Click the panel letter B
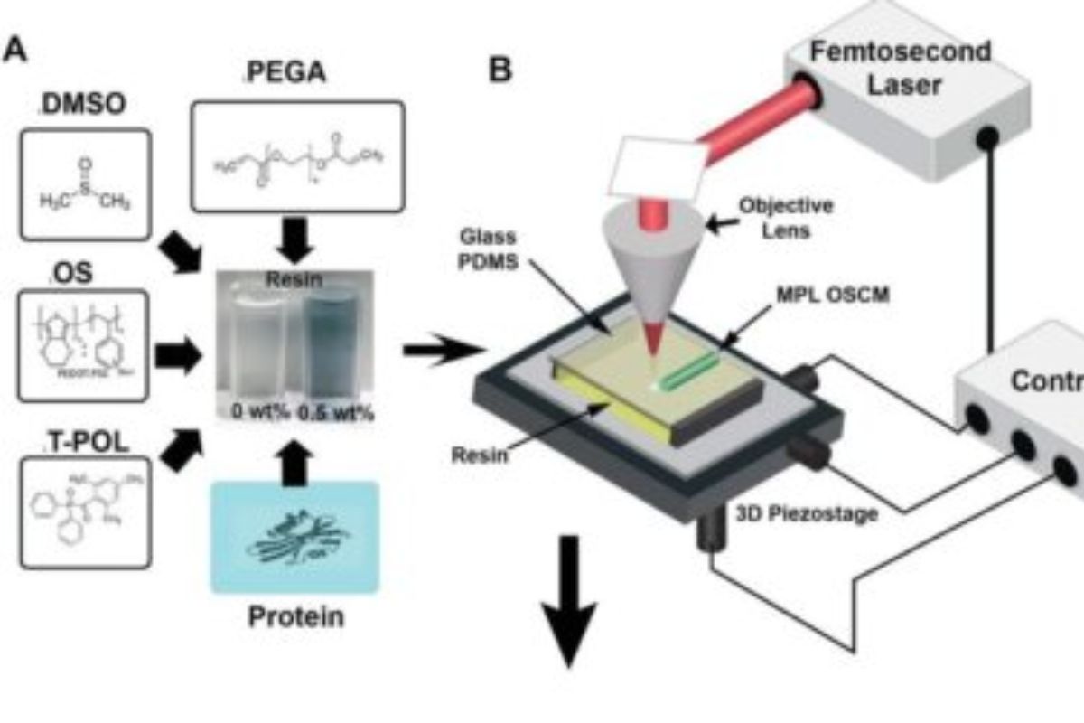(x=500, y=69)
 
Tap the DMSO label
(x=83, y=107)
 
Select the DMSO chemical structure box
(x=84, y=184)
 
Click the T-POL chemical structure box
(x=85, y=512)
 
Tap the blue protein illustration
(x=294, y=537)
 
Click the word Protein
(x=294, y=617)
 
